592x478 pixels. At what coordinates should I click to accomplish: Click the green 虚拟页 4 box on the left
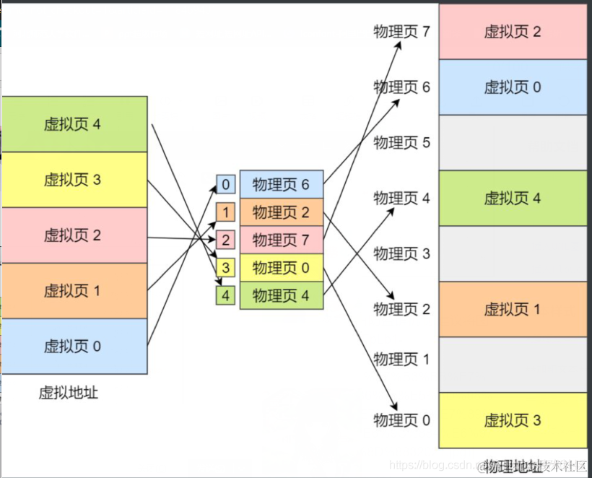point(74,124)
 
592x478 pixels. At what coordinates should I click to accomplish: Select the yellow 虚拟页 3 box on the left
point(74,180)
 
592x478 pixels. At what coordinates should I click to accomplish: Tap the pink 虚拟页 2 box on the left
point(74,235)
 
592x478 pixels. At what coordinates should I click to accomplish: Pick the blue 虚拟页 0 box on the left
point(74,347)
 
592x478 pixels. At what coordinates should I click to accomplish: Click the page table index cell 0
point(225,185)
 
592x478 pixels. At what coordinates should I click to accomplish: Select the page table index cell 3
point(225,268)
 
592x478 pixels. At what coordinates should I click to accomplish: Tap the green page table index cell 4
point(225,295)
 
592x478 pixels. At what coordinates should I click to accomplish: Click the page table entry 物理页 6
point(281,185)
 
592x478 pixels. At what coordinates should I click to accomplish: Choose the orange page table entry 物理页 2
point(281,212)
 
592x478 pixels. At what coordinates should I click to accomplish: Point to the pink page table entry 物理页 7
point(281,240)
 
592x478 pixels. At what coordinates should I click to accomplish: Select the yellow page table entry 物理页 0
point(281,268)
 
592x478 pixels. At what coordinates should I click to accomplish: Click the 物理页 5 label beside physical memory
point(401,143)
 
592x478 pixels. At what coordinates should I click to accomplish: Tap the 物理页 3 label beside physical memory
point(401,253)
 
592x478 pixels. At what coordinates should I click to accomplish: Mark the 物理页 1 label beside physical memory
point(401,359)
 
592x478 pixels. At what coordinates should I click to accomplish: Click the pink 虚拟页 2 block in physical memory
point(513,32)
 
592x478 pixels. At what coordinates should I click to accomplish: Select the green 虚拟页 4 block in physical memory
point(513,199)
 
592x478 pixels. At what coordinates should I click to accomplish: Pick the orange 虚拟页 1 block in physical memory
point(513,309)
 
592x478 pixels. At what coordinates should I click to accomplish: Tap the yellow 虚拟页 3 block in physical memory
point(513,420)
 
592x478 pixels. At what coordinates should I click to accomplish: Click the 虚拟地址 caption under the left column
point(69,394)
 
